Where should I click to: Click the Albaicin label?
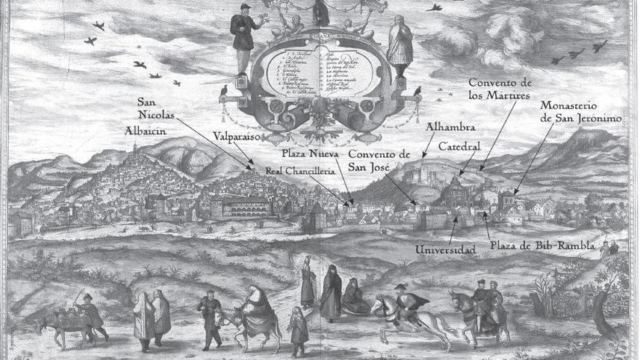click(145, 130)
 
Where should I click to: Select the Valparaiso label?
click(236, 136)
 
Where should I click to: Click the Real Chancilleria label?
click(300, 170)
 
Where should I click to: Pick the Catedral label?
click(459, 145)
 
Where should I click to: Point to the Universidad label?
click(445, 250)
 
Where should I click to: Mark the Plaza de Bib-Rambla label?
click(542, 245)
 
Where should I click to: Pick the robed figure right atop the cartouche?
click(399, 44)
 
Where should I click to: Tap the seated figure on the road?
click(355, 297)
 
